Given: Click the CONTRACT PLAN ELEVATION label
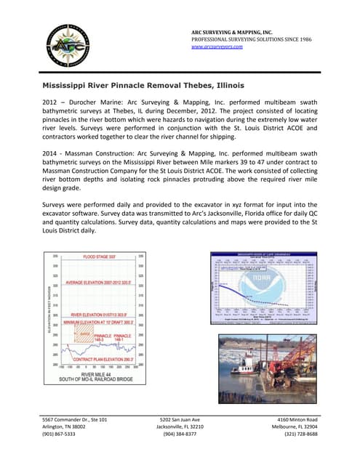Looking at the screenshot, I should pos(95,359).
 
